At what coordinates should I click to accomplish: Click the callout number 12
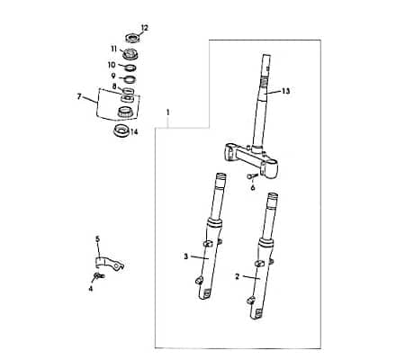point(144,28)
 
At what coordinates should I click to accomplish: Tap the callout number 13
point(286,92)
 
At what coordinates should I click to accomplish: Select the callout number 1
point(167,112)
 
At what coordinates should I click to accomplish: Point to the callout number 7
point(79,94)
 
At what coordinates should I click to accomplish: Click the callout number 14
point(135,131)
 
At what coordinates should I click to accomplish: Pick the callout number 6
point(253,187)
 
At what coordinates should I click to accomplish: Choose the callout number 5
point(98,239)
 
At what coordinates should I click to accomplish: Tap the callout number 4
point(91,288)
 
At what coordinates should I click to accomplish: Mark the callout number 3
point(185,256)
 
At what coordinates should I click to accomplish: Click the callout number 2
point(237,278)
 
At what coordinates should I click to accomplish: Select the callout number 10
point(112,65)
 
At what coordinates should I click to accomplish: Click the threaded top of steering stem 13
point(266,68)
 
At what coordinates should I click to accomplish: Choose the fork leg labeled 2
point(259,270)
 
